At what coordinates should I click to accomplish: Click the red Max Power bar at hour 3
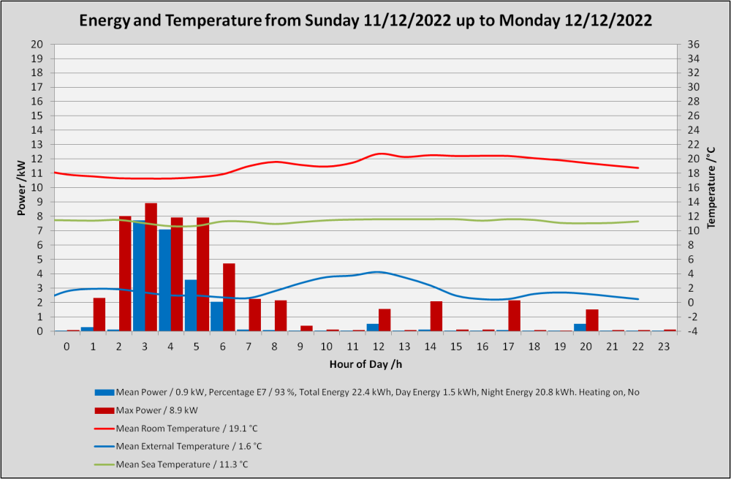[151, 267]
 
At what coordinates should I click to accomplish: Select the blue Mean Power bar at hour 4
[165, 280]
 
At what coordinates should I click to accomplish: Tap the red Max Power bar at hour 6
[229, 297]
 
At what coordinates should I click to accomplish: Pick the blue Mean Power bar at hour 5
[191, 306]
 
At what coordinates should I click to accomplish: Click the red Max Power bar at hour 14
[436, 316]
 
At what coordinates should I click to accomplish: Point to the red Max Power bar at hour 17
[514, 316]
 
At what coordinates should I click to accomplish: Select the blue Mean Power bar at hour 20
[580, 328]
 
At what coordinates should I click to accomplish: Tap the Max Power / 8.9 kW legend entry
[146, 410]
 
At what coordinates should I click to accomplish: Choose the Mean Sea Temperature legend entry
[171, 464]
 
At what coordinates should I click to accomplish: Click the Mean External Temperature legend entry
[178, 446]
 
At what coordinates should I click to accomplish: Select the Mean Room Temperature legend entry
[175, 428]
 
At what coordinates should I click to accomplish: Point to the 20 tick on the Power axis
[37, 45]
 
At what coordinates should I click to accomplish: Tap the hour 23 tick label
[664, 347]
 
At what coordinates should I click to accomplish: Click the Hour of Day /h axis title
[365, 364]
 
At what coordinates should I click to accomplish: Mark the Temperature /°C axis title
[711, 187]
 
